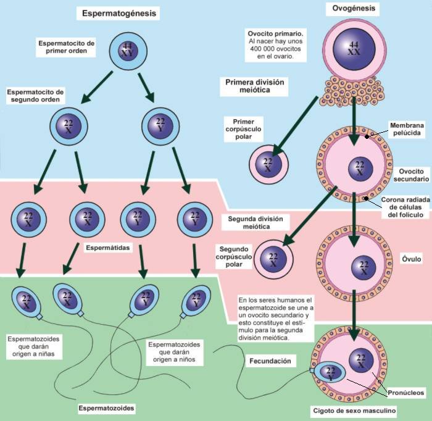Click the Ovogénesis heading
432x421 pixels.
click(x=353, y=9)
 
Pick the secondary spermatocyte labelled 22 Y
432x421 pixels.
click(x=160, y=127)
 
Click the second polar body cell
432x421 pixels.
click(x=272, y=259)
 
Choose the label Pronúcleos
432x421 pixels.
click(x=404, y=391)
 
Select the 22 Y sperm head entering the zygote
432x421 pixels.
click(x=329, y=372)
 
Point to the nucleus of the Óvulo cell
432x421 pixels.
click(x=363, y=266)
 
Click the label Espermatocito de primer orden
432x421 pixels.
click(x=66, y=48)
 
